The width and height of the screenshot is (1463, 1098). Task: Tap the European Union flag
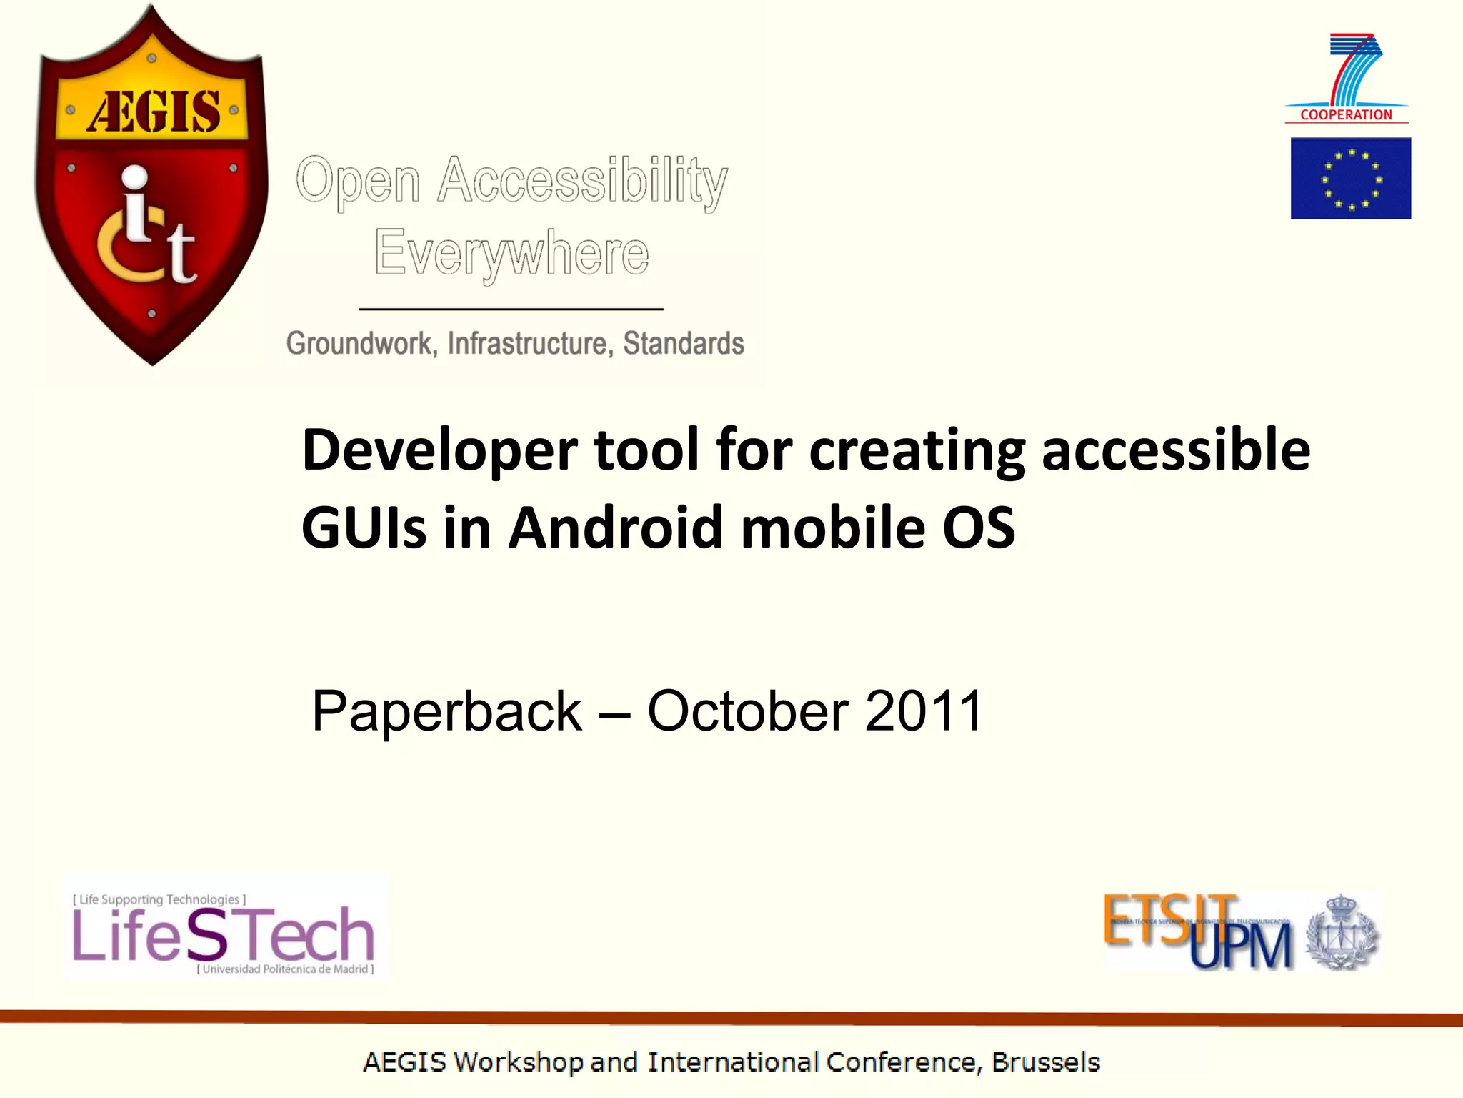click(1350, 179)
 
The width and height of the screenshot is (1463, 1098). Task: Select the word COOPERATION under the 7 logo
click(1346, 114)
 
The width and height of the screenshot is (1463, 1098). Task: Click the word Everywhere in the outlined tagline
click(511, 253)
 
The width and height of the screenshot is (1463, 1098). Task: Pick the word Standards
click(684, 344)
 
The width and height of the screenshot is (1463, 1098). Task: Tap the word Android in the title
click(616, 528)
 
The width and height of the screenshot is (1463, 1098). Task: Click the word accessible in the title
click(1176, 450)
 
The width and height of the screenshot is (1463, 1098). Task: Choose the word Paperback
click(447, 711)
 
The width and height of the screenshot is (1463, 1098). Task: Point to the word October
click(748, 711)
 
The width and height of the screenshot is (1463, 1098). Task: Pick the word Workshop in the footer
click(518, 1062)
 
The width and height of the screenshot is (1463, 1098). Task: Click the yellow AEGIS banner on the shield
click(152, 111)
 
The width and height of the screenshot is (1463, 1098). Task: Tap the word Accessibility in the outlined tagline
click(582, 180)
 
